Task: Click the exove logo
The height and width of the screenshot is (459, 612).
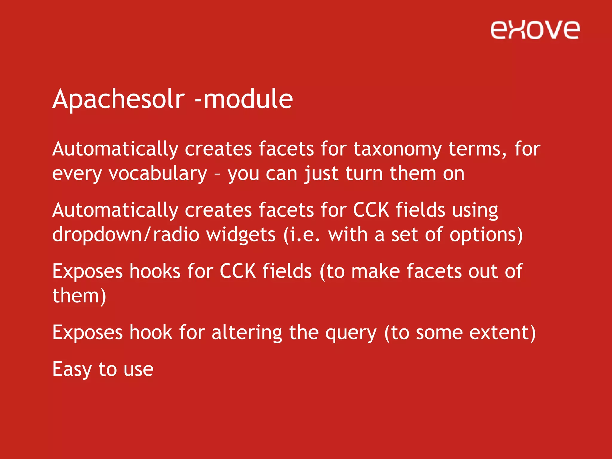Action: point(535,30)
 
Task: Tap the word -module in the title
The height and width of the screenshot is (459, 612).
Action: point(244,99)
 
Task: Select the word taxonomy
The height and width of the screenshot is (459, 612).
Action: point(397,149)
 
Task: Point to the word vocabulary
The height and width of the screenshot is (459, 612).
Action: point(158,174)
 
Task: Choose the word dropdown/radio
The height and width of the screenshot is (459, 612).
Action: point(126,235)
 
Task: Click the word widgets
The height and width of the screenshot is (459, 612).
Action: point(241,235)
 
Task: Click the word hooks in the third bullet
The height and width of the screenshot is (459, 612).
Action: point(155,271)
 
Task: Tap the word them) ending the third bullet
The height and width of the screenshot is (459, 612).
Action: point(79,296)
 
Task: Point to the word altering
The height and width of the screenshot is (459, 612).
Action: point(247,333)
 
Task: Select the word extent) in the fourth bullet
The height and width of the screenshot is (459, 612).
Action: point(502,333)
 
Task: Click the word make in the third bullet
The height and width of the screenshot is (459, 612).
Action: point(375,271)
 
